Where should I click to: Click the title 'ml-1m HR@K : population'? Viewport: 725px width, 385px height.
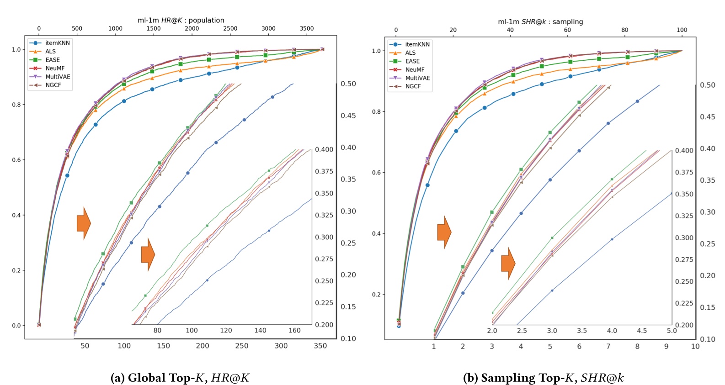pyautogui.click(x=181, y=20)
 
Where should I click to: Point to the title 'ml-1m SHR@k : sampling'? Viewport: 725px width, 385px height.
pyautogui.click(x=540, y=21)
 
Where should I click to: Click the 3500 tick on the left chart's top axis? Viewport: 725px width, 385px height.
pyautogui.click(x=306, y=28)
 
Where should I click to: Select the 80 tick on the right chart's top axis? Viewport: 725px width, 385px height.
pyautogui.click(x=624, y=30)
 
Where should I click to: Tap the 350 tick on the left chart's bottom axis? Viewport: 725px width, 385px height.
pyautogui.click(x=320, y=346)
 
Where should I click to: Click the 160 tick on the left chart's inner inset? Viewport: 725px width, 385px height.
pyautogui.click(x=294, y=330)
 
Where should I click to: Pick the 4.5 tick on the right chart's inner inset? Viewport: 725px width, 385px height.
pyautogui.click(x=641, y=331)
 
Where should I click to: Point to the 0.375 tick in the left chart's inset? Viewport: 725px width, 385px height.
pyautogui.click(x=324, y=171)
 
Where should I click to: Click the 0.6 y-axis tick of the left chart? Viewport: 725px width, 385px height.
pyautogui.click(x=16, y=160)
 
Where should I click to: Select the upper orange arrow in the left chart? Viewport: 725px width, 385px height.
pyautogui.click(x=84, y=223)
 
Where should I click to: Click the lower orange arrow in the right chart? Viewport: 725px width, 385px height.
pyautogui.click(x=508, y=264)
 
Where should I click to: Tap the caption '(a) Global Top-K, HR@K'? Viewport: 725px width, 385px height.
pyautogui.click(x=180, y=378)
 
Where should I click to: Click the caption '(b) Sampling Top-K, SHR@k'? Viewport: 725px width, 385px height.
pyautogui.click(x=543, y=378)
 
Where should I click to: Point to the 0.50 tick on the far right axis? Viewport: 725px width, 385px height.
pyautogui.click(x=707, y=85)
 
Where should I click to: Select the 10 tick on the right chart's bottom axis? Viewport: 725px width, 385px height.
pyautogui.click(x=695, y=346)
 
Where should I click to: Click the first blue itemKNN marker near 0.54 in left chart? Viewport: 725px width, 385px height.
pyautogui.click(x=67, y=175)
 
